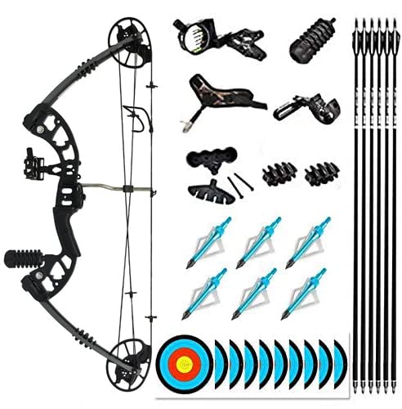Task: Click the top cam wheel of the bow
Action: pos(127,41)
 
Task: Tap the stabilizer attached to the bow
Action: pos(25,258)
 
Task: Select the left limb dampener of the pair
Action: pos(275,173)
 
